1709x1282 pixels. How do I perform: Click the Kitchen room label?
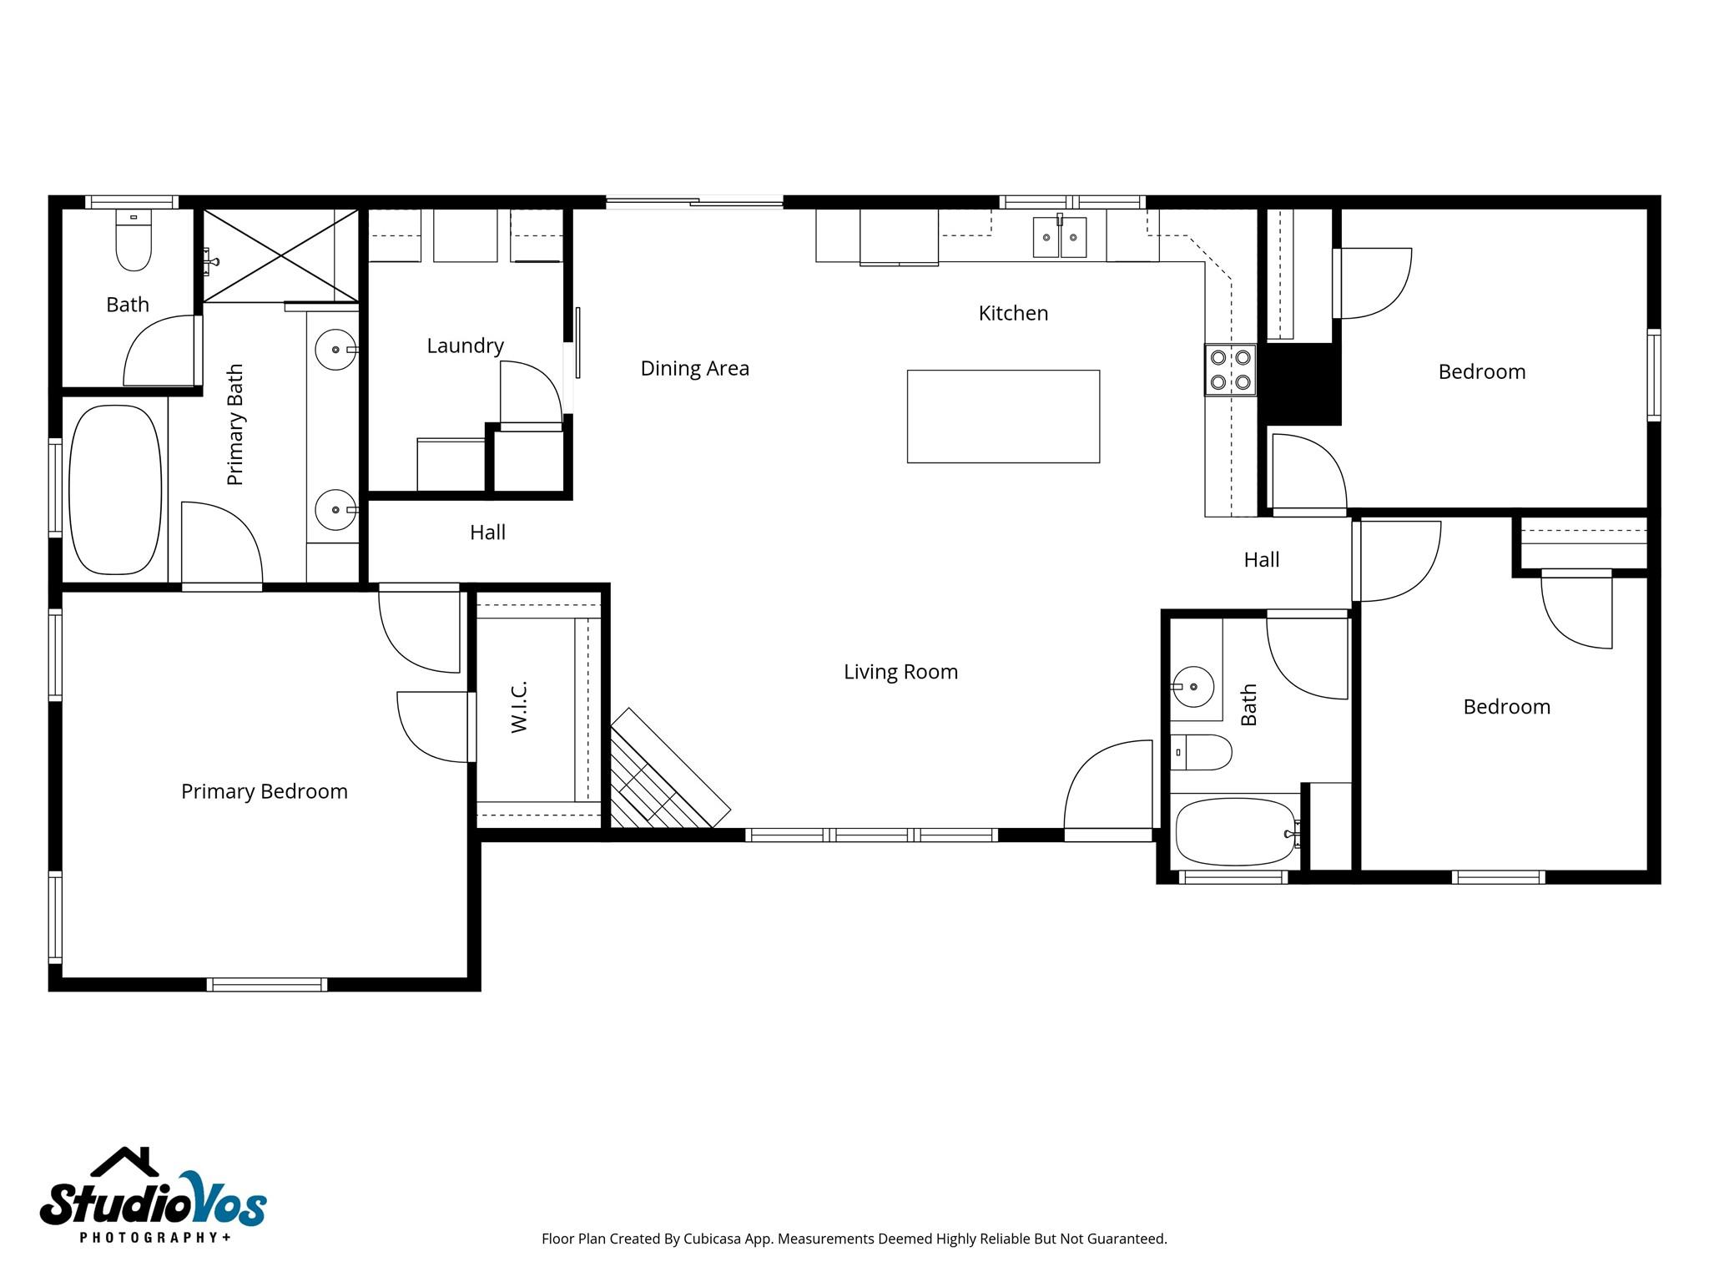click(1013, 313)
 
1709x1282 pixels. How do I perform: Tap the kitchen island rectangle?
click(1003, 416)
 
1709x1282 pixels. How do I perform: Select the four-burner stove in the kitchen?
click(1230, 370)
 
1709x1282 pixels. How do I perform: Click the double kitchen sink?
click(1060, 237)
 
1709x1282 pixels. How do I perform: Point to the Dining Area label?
click(695, 368)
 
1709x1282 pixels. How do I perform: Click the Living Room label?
click(900, 672)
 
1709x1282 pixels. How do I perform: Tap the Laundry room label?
click(465, 346)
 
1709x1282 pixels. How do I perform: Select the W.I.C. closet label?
click(519, 707)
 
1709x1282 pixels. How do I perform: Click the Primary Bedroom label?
click(265, 791)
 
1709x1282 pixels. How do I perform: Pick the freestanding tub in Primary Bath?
click(115, 490)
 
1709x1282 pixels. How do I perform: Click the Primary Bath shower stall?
click(280, 255)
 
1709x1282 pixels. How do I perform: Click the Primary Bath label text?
click(235, 424)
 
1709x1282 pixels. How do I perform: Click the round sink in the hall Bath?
click(1193, 687)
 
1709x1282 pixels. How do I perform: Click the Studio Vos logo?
click(154, 1194)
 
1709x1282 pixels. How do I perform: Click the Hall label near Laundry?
click(487, 532)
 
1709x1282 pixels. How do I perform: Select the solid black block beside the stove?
click(1299, 384)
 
